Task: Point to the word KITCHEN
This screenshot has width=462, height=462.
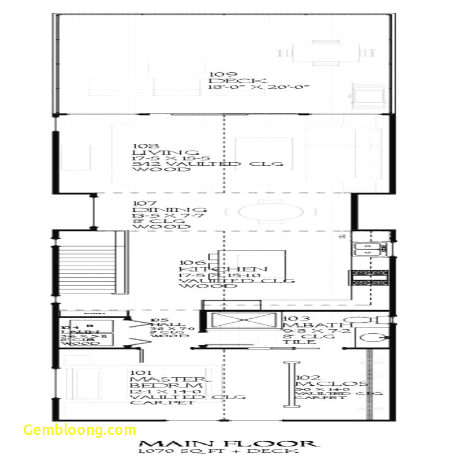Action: tap(223, 269)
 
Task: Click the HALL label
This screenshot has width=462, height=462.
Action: tap(159, 325)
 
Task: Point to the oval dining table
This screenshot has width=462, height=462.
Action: tap(270, 213)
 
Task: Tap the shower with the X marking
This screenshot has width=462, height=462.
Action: tap(243, 322)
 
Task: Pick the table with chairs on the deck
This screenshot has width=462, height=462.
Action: tap(326, 53)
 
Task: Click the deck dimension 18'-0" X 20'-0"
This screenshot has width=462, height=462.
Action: tap(259, 87)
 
